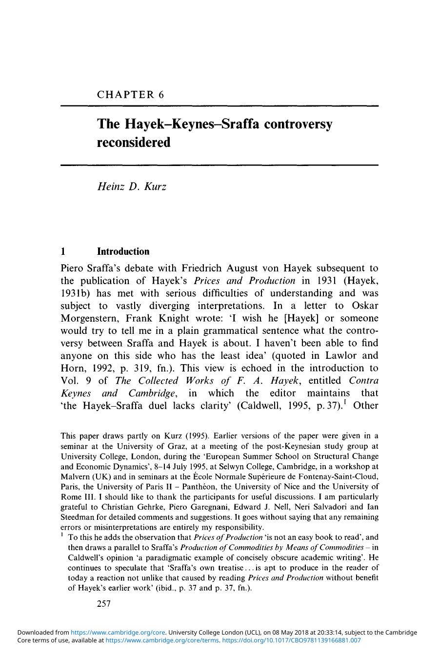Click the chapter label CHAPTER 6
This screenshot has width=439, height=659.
click(130, 95)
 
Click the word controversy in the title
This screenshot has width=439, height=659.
click(298, 124)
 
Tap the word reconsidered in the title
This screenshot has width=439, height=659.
click(134, 143)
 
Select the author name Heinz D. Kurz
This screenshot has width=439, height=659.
click(132, 187)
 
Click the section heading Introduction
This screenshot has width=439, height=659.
click(123, 252)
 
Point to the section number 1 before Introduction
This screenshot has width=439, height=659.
click(63, 252)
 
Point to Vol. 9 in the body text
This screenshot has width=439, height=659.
click(77, 381)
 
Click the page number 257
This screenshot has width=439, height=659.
click(104, 604)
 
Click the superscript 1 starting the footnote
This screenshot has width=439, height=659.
click(62, 535)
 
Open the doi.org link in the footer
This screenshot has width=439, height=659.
click(291, 640)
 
